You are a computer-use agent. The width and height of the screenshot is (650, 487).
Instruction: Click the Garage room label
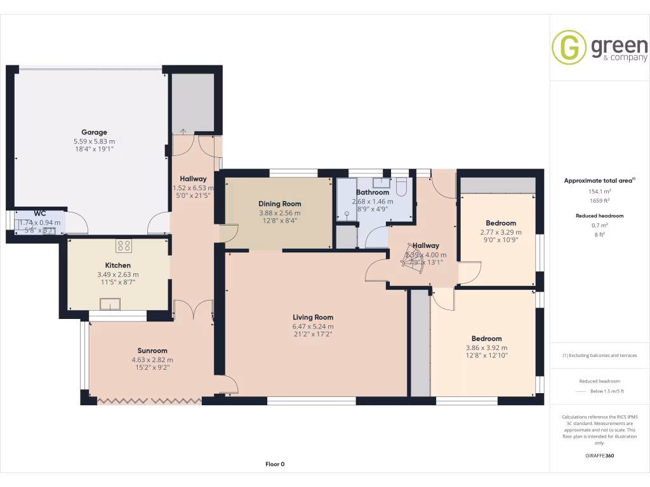pyautogui.click(x=94, y=133)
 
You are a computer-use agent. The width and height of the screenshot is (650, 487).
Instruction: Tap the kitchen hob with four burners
pyautogui.click(x=123, y=245)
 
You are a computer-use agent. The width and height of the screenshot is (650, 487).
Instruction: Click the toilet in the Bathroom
pyautogui.click(x=401, y=186)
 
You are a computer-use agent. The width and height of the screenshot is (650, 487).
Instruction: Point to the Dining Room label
pyautogui.click(x=279, y=204)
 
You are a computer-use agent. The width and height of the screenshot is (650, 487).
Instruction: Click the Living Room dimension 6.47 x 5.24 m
pyautogui.click(x=312, y=326)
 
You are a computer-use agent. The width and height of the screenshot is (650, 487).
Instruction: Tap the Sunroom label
pyautogui.click(x=152, y=351)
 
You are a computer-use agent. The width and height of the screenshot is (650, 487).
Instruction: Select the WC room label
pyautogui.click(x=40, y=214)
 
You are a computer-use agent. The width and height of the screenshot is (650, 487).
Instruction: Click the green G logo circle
pyautogui.click(x=569, y=47)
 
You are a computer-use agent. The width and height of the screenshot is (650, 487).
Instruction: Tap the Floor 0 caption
pyautogui.click(x=275, y=464)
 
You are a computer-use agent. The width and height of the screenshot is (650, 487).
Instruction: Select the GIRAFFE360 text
pyautogui.click(x=600, y=456)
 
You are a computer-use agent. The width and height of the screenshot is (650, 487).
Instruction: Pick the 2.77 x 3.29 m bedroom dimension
pyautogui.click(x=501, y=232)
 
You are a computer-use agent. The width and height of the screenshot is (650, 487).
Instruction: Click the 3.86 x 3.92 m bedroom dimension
pyautogui.click(x=486, y=347)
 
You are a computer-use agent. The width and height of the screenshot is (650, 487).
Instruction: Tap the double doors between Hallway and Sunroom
pyautogui.click(x=194, y=310)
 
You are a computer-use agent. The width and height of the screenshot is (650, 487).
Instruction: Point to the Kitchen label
pyautogui.click(x=118, y=265)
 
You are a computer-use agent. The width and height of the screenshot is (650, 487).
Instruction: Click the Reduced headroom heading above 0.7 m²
pyautogui.click(x=600, y=216)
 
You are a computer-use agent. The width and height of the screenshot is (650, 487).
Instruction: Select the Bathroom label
pyautogui.click(x=373, y=192)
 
